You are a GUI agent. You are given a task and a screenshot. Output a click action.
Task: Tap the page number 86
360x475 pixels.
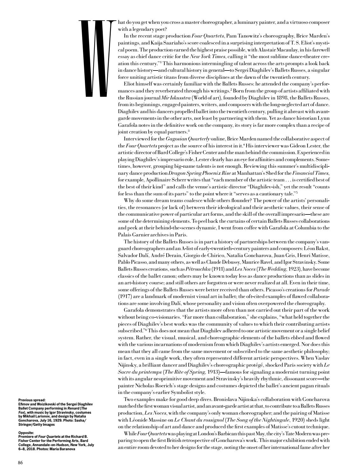click(x=20, y=463)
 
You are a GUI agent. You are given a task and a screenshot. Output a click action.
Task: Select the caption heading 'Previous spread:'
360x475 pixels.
click(x=32, y=400)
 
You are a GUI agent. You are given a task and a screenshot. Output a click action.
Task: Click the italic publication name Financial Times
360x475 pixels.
click(x=310, y=173)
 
